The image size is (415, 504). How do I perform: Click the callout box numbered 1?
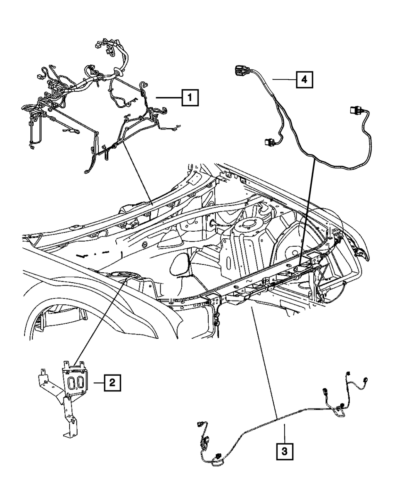[189, 98]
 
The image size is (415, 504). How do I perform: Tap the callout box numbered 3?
[285, 451]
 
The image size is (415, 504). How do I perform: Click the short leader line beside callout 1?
[168, 98]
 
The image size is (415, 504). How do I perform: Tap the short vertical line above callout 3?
[285, 433]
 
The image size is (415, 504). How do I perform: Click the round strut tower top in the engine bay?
[247, 225]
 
